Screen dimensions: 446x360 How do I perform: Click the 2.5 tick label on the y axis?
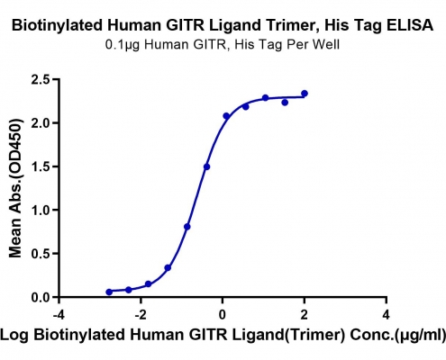[x=41, y=80]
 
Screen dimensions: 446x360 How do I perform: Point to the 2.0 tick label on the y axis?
[x=41, y=123]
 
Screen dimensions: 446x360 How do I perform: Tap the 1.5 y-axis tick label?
[x=41, y=166]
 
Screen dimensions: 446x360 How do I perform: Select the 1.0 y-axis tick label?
[x=41, y=211]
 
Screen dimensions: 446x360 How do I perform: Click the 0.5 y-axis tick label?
[x=41, y=254]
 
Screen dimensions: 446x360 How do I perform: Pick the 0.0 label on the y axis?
[x=41, y=297]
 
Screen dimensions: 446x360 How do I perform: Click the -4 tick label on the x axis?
[x=57, y=315]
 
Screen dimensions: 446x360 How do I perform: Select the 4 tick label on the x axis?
[x=386, y=315]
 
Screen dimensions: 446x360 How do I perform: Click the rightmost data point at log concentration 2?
[x=305, y=94]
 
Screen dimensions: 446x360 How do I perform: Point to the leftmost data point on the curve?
[x=109, y=292]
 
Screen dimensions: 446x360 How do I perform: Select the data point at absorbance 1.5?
[x=206, y=166]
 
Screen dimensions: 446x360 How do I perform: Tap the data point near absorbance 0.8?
[x=187, y=227]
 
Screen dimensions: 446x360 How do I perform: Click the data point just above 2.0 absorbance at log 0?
[x=226, y=116]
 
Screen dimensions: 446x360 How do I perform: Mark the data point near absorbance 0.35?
[x=168, y=267]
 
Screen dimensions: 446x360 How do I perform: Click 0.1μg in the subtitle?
[x=123, y=45]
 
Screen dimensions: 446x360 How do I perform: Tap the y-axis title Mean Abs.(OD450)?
[x=15, y=188]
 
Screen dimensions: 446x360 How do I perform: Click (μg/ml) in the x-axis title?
[x=420, y=335]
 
